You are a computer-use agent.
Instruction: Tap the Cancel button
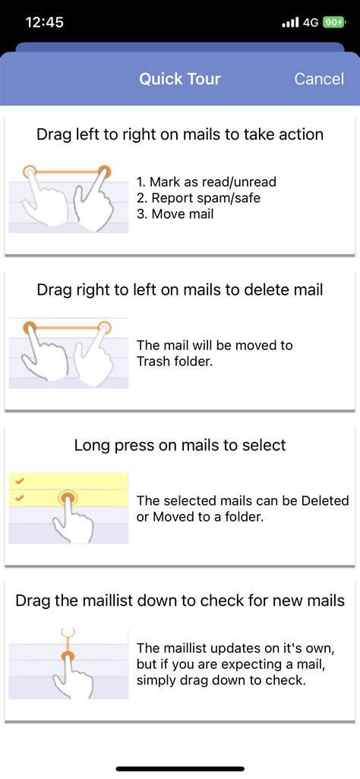[x=318, y=79]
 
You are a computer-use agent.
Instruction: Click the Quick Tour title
[x=180, y=79]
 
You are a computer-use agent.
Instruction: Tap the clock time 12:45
[x=45, y=22]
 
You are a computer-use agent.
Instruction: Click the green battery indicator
[x=333, y=23]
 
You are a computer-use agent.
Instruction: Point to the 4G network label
[x=311, y=23]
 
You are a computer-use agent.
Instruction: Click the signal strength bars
[x=290, y=23]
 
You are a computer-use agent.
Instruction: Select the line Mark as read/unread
[x=206, y=181]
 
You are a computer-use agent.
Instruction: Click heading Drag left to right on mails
[x=180, y=134]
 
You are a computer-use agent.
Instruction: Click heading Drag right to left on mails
[x=180, y=289]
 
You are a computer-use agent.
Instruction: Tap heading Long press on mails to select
[x=180, y=445]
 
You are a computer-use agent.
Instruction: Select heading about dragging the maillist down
[x=180, y=601]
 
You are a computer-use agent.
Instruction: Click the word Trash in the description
[x=154, y=361]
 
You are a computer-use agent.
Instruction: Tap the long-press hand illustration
[x=68, y=509]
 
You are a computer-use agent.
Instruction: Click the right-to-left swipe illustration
[x=68, y=352]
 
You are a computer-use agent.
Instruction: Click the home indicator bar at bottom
[x=180, y=768]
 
